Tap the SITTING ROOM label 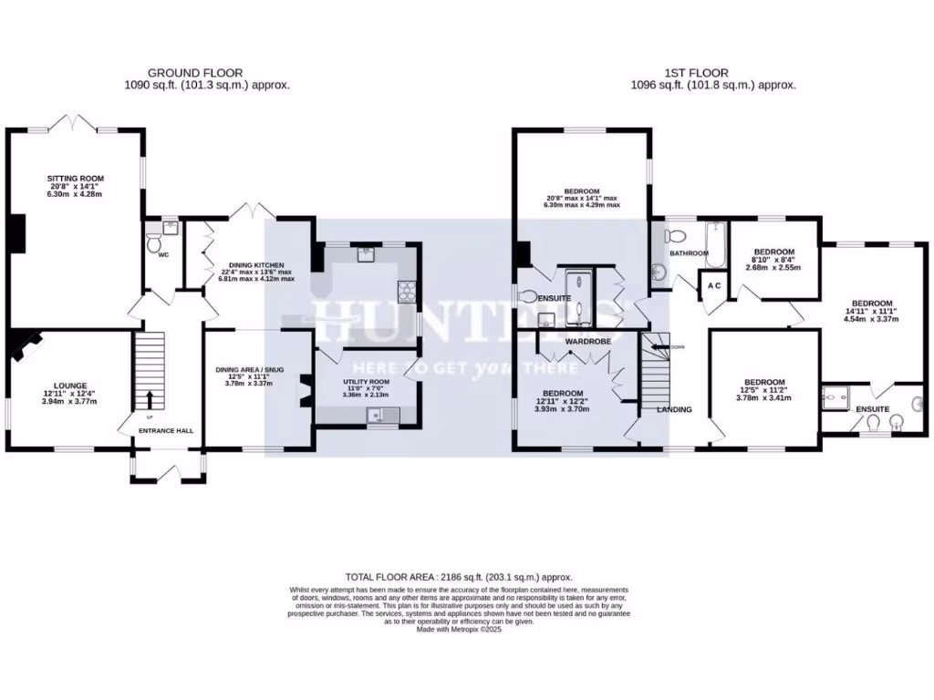point(76,179)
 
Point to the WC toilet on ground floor point(153,244)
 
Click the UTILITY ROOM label point(367,382)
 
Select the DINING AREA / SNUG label point(249,369)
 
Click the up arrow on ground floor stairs point(150,399)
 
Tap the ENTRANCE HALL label point(165,430)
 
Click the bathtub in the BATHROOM point(714,244)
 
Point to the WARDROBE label point(588,341)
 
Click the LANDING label point(674,409)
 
